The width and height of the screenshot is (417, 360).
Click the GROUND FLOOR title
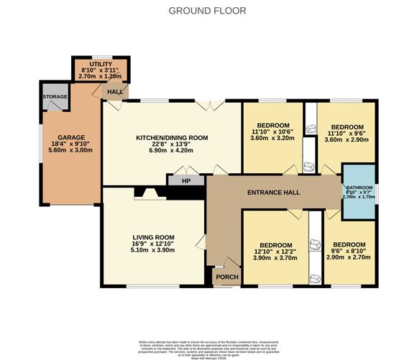pos(207,10)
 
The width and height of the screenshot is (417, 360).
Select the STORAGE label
pos(55,96)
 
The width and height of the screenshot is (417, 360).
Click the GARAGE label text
pos(72,137)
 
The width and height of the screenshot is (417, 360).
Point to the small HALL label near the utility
pos(114,92)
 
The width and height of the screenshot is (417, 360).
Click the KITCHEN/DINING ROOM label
pos(172,137)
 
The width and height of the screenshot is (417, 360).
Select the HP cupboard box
pos(185,180)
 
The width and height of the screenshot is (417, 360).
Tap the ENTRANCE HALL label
pos(272,193)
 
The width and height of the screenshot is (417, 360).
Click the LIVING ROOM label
pos(154,236)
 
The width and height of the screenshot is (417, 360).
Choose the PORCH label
pos(228,277)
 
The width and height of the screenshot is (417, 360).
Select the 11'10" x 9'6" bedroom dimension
pos(346,132)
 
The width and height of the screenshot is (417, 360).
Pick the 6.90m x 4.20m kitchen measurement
pos(172,152)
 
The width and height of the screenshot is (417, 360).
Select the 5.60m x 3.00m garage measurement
pos(72,152)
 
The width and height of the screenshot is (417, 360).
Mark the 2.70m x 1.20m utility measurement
pos(101,75)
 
